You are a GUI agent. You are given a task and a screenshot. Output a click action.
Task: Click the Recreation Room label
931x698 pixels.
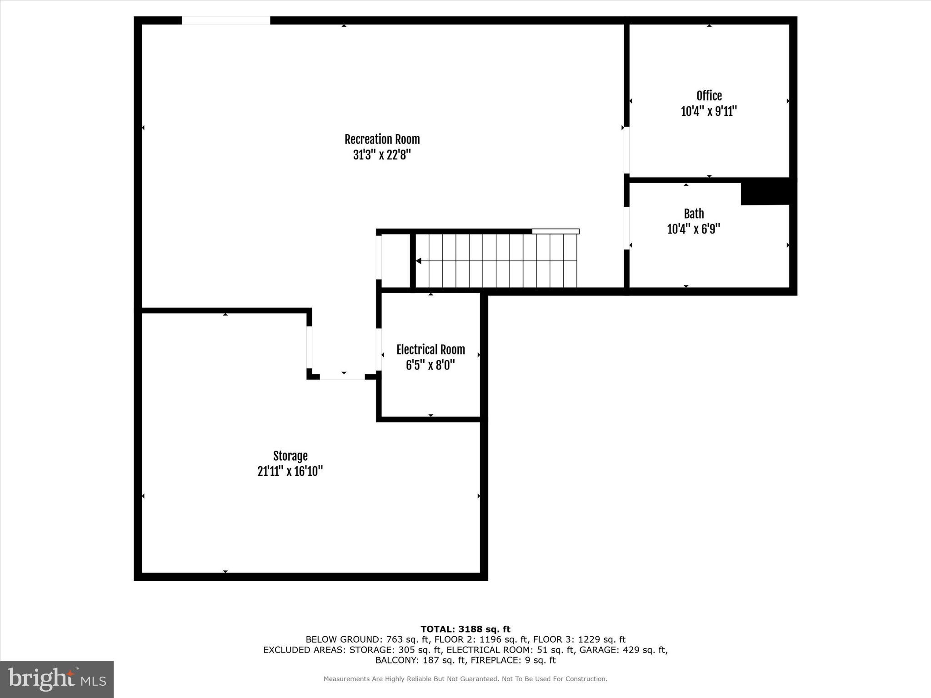pyautogui.click(x=382, y=139)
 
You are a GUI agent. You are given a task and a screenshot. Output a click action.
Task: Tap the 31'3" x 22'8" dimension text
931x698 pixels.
pyautogui.click(x=382, y=155)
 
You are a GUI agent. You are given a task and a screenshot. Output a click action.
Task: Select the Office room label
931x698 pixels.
pyautogui.click(x=709, y=96)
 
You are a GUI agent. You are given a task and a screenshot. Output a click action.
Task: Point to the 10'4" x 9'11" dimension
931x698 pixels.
pyautogui.click(x=709, y=111)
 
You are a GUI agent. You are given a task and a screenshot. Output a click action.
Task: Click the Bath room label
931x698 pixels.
pyautogui.click(x=694, y=214)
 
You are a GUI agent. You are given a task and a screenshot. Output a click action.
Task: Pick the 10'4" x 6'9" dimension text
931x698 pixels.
pyautogui.click(x=694, y=229)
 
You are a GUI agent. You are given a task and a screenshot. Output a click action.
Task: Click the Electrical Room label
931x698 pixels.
pyautogui.click(x=430, y=349)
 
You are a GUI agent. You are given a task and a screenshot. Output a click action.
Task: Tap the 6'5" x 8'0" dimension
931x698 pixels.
pyautogui.click(x=430, y=365)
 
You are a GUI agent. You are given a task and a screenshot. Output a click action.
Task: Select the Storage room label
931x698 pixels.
pyautogui.click(x=290, y=456)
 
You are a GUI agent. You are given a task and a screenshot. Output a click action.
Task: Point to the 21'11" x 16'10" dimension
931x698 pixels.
pyautogui.click(x=290, y=471)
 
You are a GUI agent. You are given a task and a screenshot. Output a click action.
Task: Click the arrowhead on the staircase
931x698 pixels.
pyautogui.click(x=419, y=261)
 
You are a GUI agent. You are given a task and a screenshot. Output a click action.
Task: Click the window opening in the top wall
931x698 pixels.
pyautogui.click(x=226, y=20)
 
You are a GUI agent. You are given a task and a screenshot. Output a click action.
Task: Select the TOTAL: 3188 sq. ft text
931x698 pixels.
pyautogui.click(x=465, y=629)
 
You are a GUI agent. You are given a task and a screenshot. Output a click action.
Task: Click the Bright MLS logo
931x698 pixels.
pyautogui.click(x=57, y=679)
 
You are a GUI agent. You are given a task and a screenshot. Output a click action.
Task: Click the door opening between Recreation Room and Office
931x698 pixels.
pyautogui.click(x=626, y=150)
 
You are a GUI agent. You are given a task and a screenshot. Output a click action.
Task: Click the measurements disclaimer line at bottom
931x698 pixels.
pyautogui.click(x=465, y=679)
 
